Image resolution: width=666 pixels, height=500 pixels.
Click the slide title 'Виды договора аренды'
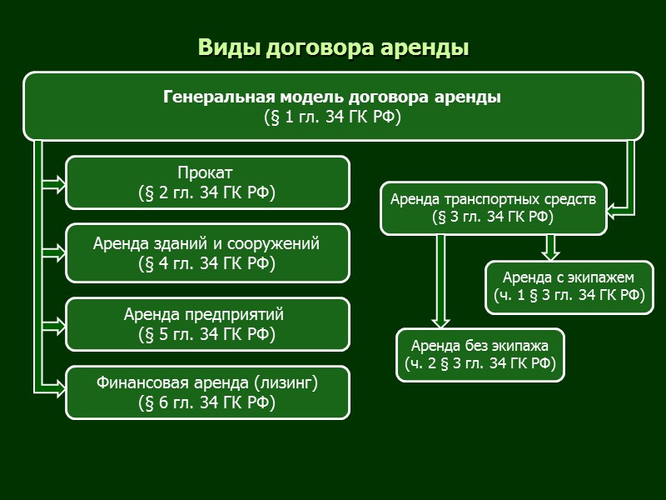point(333,47)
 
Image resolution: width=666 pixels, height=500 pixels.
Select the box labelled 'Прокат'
point(207,182)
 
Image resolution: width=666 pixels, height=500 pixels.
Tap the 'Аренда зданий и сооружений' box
point(207,252)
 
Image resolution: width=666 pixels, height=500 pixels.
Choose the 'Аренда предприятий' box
point(207,324)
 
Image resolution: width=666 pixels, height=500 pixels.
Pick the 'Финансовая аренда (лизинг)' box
point(207,392)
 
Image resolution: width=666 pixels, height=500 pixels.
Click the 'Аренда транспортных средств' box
point(494,207)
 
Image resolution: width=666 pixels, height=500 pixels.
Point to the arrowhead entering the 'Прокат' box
point(56,182)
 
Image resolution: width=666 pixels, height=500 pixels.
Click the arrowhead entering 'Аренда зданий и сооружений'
point(56,251)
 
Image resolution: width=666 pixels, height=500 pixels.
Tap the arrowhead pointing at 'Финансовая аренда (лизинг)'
point(56,387)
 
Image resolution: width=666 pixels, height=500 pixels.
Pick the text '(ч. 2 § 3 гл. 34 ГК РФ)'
point(480,363)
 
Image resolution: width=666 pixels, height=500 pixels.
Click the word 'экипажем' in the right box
point(603,277)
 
